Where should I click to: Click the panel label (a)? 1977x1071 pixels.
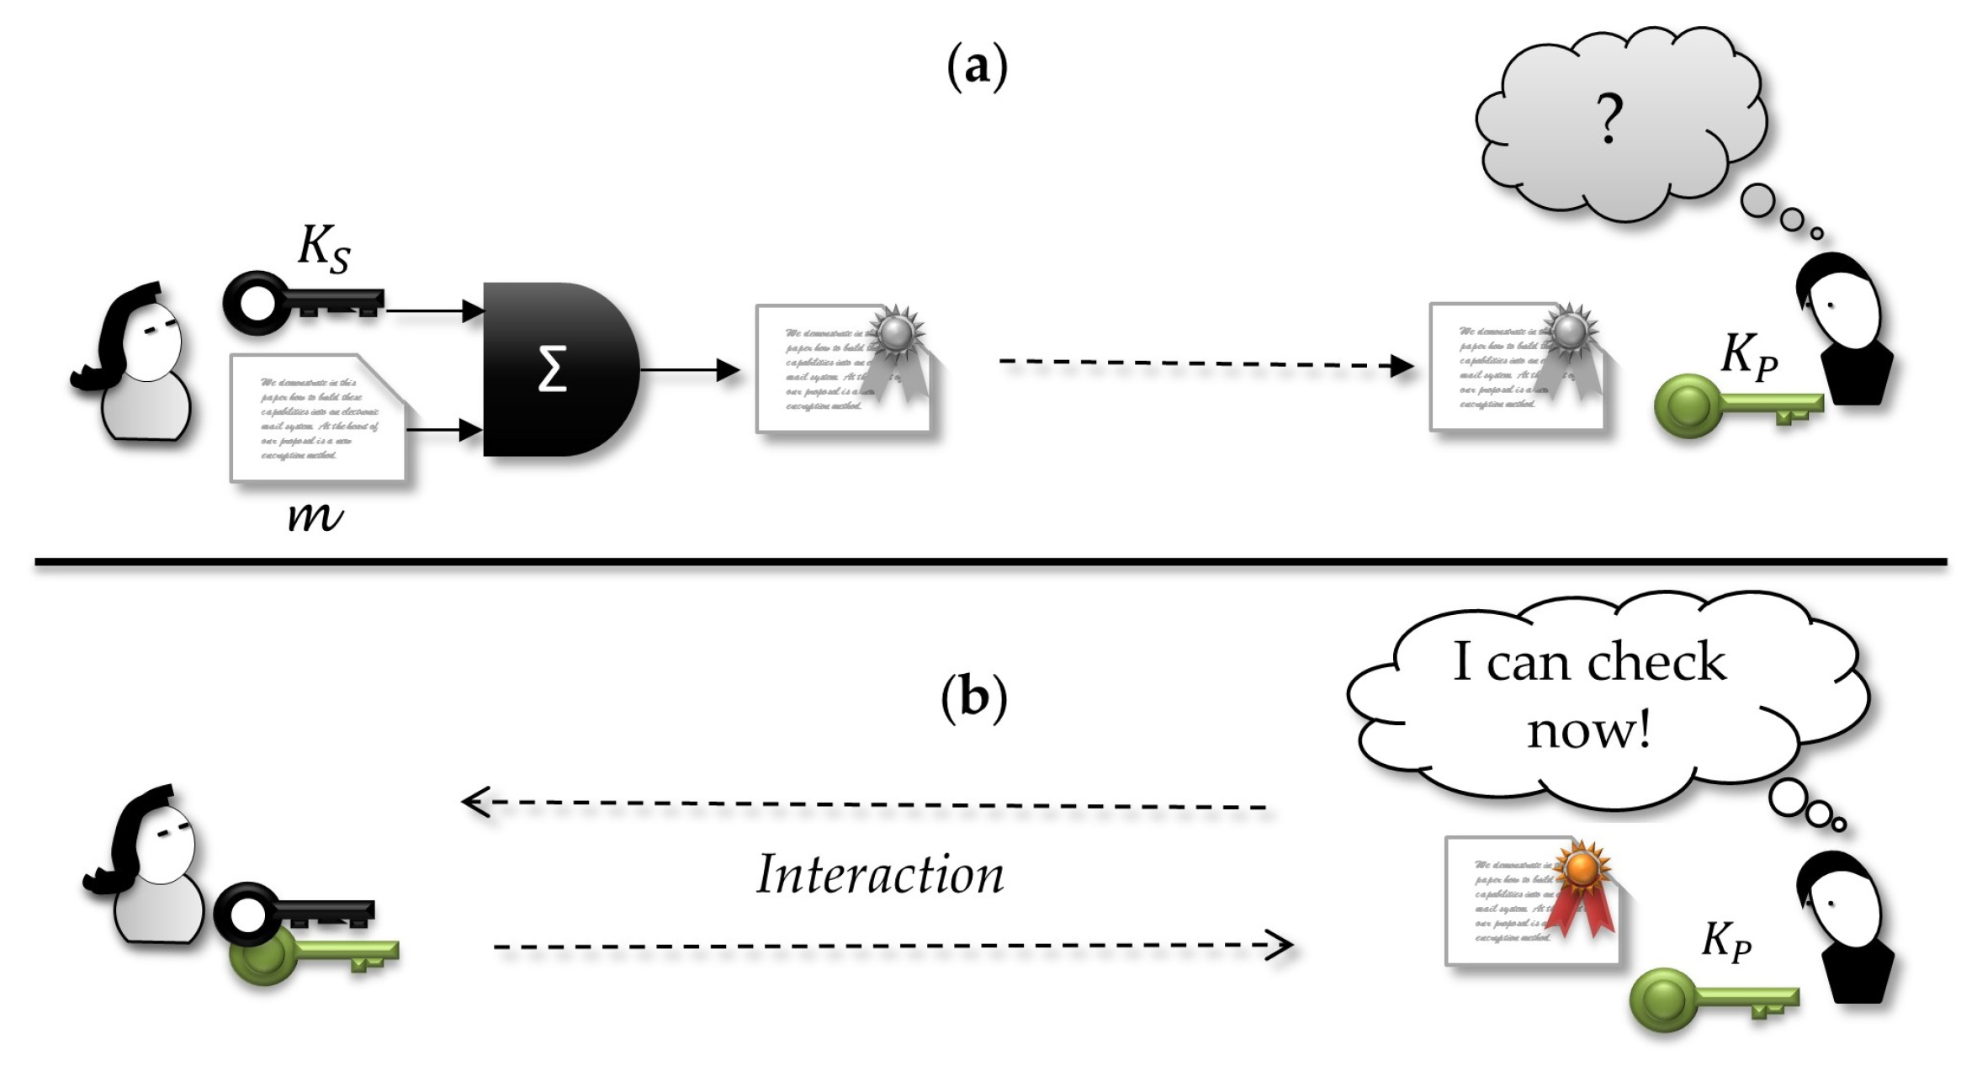(976, 67)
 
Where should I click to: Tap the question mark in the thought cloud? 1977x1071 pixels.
(1609, 118)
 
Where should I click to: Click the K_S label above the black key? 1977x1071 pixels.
(324, 249)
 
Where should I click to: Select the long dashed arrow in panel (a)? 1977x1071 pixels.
(1203, 363)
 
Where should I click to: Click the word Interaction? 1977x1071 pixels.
(880, 875)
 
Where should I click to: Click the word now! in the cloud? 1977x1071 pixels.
(1588, 729)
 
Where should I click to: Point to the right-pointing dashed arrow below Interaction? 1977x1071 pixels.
(892, 946)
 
